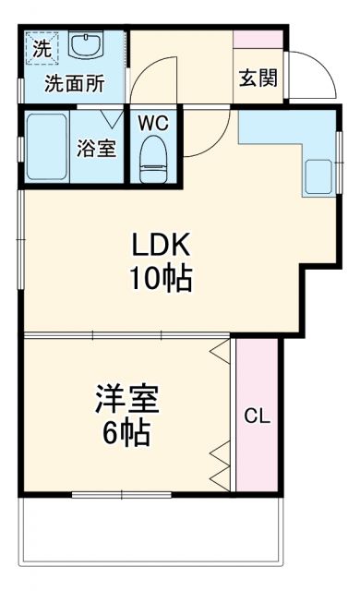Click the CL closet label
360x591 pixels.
click(x=257, y=416)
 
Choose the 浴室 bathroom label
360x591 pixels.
click(x=96, y=148)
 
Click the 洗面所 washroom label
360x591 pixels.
click(x=75, y=83)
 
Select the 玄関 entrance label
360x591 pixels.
click(x=258, y=78)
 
